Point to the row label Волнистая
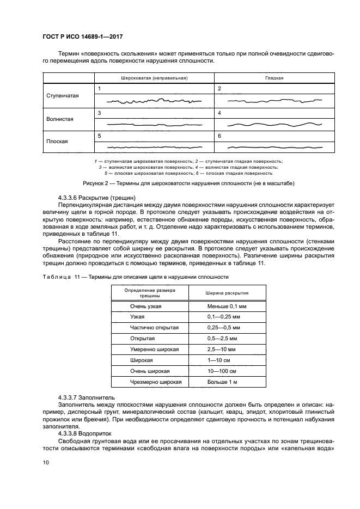[60, 119]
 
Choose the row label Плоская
[57, 141]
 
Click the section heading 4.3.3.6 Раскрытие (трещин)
[96, 196]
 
